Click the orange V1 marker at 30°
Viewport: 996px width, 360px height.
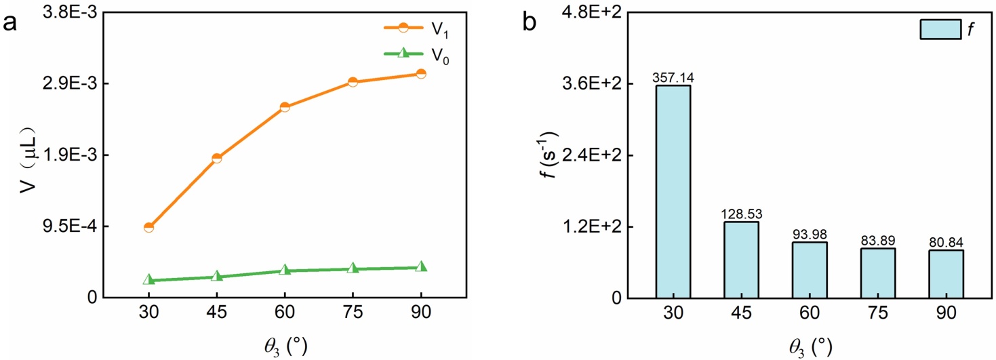point(148,227)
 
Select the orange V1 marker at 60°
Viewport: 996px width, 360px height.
point(285,107)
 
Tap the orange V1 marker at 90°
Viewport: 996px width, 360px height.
point(421,73)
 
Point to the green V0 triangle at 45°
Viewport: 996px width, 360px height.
point(216,276)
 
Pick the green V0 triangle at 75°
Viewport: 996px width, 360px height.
point(353,268)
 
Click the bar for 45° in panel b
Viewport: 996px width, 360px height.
point(741,260)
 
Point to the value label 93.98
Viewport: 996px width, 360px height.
point(810,234)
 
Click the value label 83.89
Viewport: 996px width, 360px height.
point(877,241)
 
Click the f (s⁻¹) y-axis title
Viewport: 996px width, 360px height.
point(553,156)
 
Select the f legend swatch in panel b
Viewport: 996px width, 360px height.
point(940,29)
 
